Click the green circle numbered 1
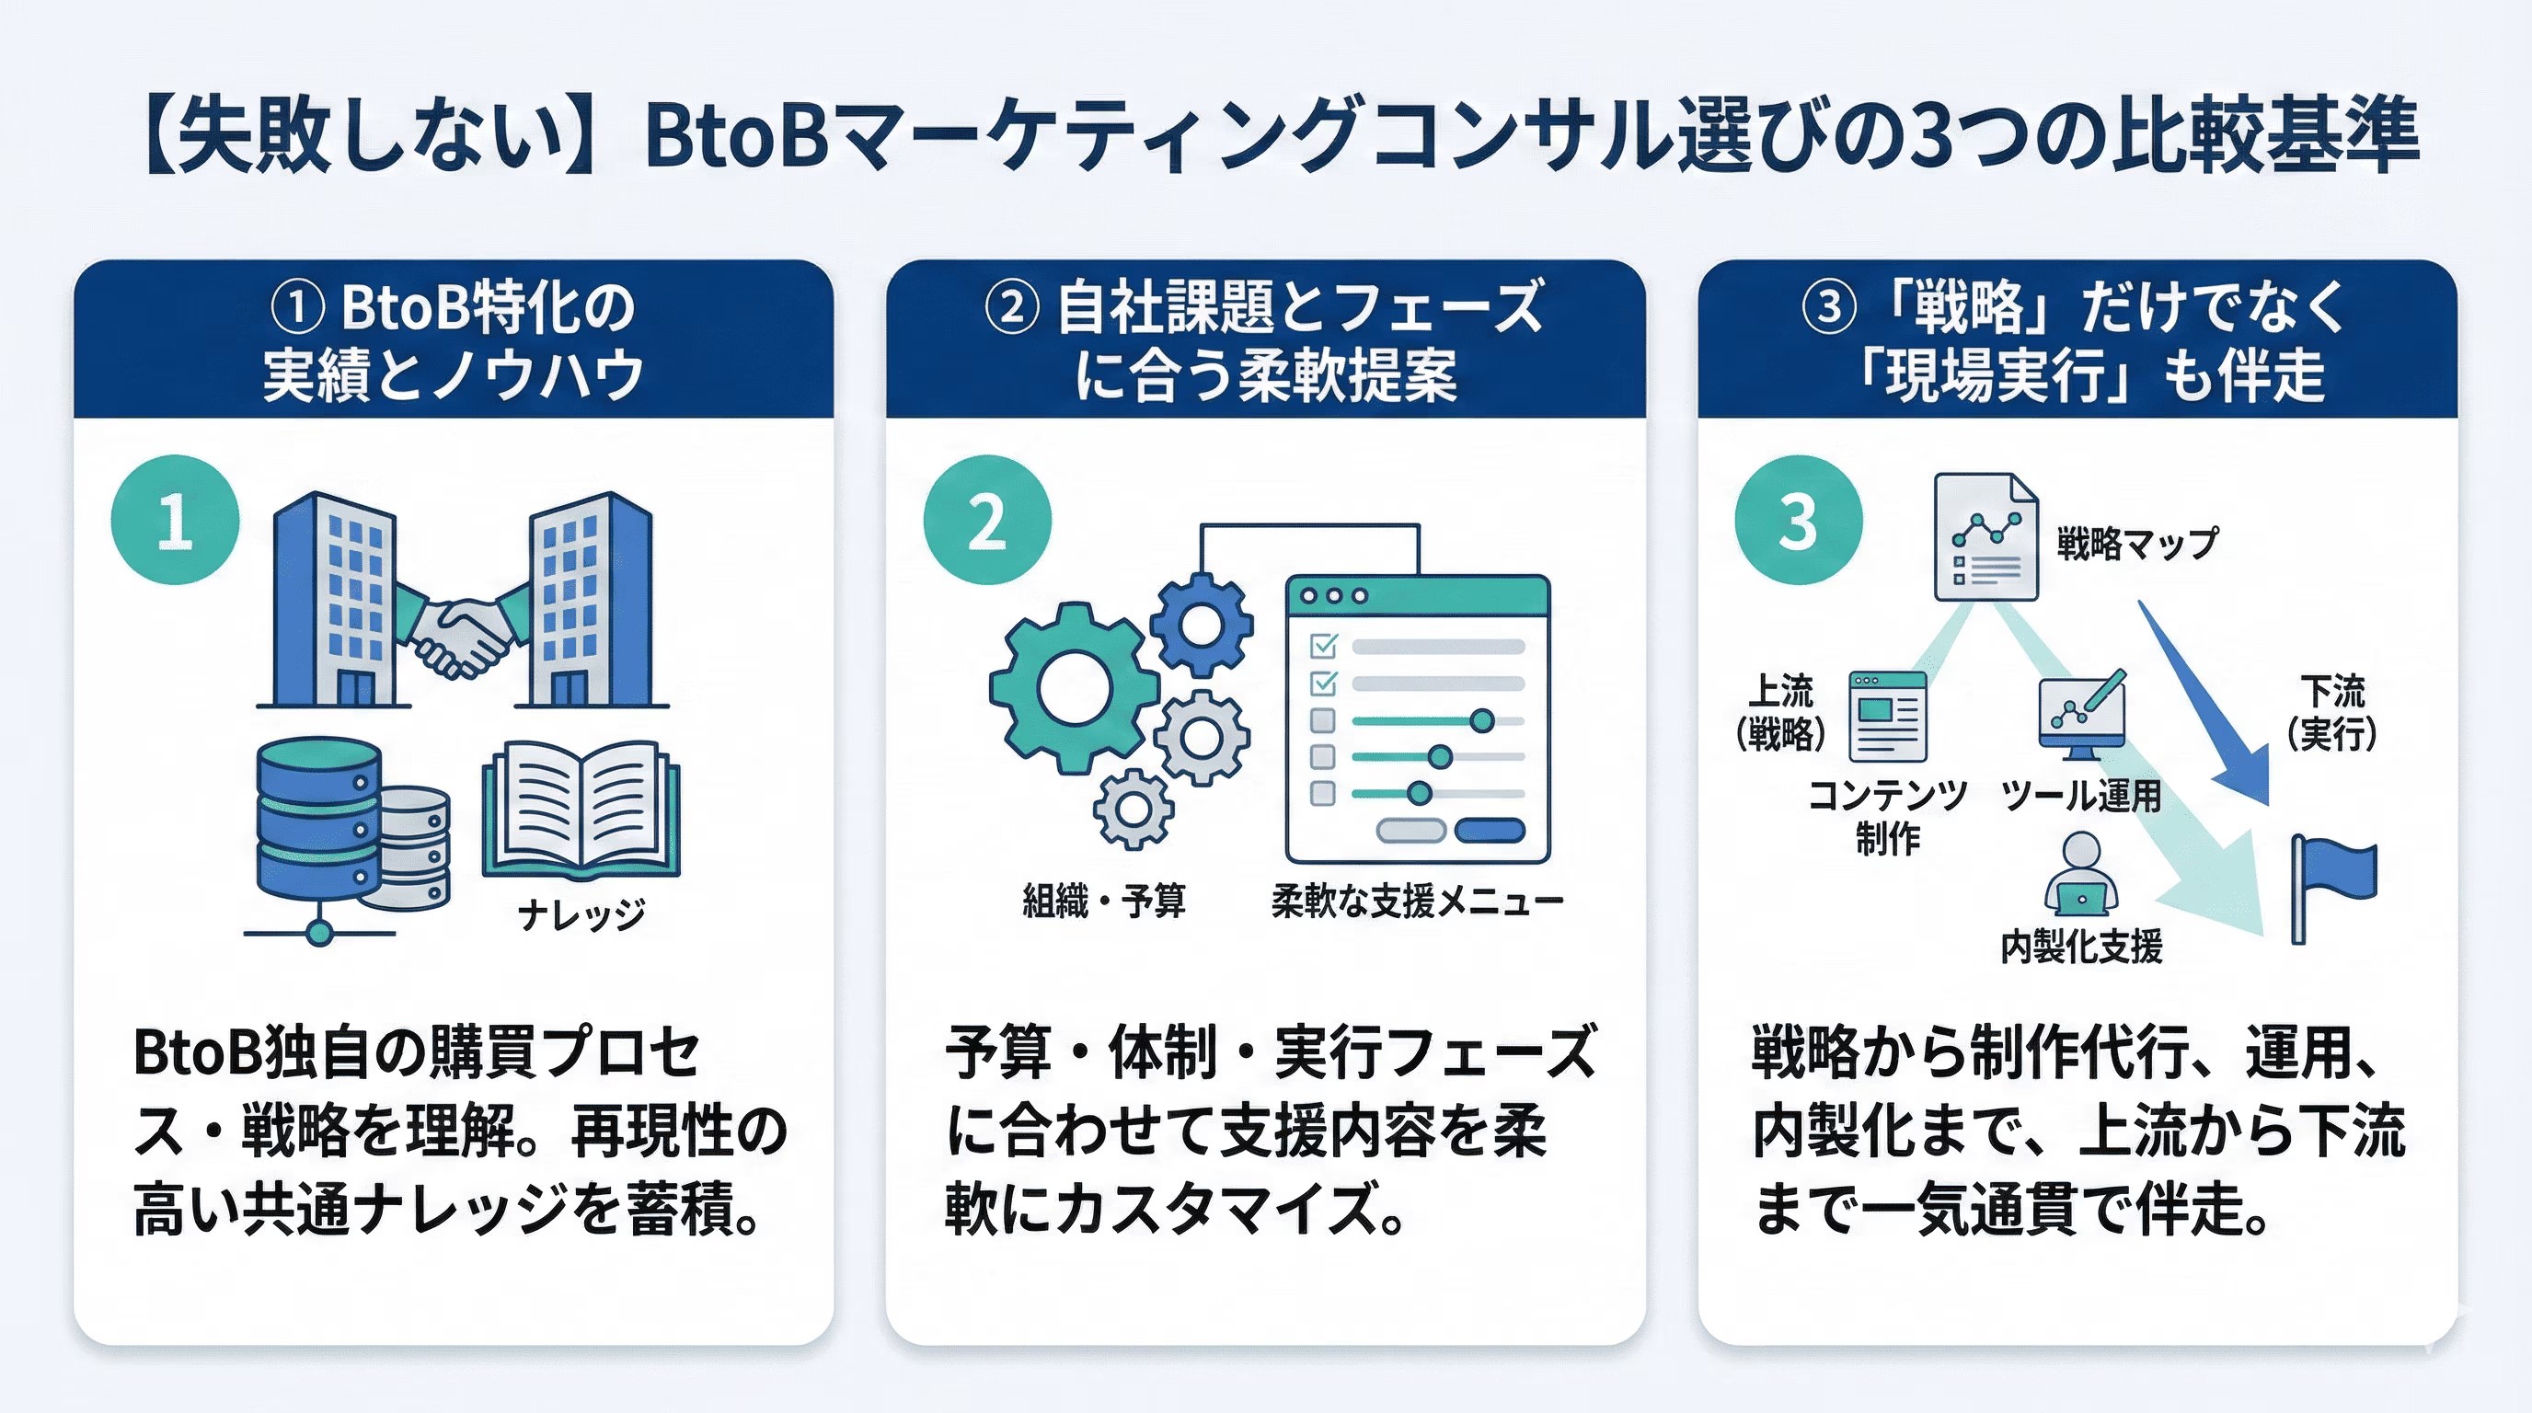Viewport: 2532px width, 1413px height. [x=175, y=520]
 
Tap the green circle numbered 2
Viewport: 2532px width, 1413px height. [x=987, y=520]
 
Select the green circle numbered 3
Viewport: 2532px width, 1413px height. [x=1798, y=520]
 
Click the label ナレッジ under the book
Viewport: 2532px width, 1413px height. [x=581, y=914]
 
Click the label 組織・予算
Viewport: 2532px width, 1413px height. [x=1104, y=901]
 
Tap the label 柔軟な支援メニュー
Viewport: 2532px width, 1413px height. [x=1416, y=901]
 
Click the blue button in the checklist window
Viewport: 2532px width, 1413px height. [x=1490, y=831]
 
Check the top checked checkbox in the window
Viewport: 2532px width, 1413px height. [x=1324, y=646]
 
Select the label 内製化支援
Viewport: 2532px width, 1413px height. [x=2081, y=947]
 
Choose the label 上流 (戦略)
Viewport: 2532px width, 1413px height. [x=1780, y=711]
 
